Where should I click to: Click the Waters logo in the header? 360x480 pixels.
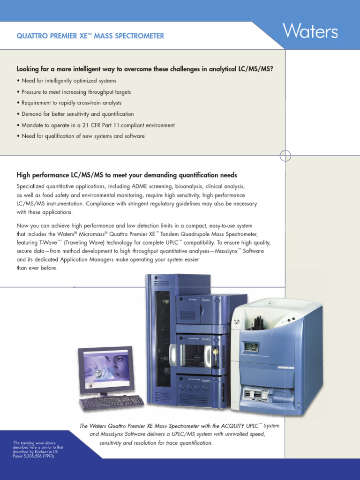coord(310,32)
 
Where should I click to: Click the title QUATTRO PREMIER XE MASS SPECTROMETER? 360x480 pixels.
coord(90,36)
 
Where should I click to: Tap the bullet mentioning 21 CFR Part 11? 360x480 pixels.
coord(96,125)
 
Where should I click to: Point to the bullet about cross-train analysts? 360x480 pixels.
coord(69,103)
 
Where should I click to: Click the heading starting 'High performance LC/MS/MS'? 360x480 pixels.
coord(127,175)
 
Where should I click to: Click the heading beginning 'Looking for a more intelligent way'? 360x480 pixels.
coord(145,69)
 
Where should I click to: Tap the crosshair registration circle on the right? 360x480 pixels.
coord(285,156)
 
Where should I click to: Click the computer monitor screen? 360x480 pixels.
coord(107,369)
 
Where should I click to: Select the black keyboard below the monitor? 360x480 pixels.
coord(112,402)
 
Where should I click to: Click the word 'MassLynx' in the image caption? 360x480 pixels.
coord(111,434)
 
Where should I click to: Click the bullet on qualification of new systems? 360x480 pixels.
coord(81,136)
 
